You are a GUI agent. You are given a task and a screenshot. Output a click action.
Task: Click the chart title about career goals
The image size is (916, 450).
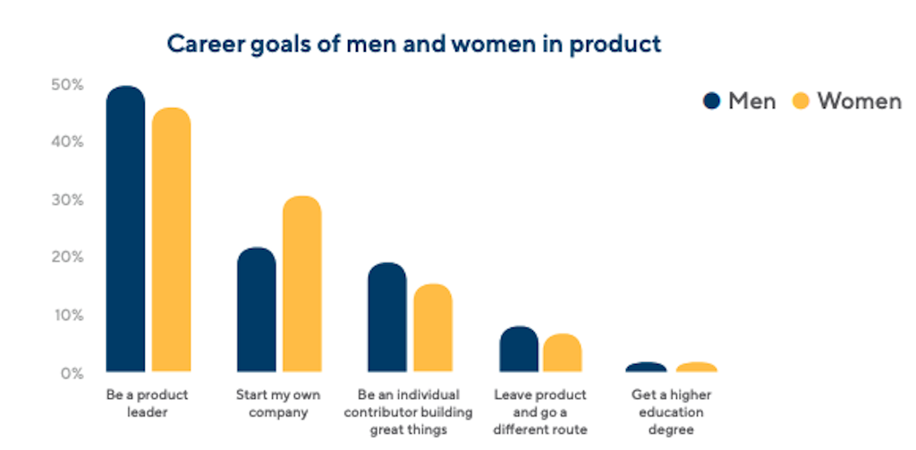tap(414, 43)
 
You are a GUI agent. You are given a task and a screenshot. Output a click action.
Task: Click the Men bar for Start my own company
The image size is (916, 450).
tap(257, 310)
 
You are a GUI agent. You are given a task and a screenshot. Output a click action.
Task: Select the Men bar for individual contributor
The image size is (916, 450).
tap(386, 318)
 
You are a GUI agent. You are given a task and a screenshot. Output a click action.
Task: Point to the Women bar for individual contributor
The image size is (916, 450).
tap(432, 327)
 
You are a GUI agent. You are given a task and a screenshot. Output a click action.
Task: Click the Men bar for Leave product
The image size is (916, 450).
tap(519, 349)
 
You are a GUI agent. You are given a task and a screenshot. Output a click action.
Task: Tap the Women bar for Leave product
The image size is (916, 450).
tap(562, 352)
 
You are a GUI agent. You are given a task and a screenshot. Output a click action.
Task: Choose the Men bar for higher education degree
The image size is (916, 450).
tap(647, 367)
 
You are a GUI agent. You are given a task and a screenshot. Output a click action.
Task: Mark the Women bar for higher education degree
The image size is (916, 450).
tap(696, 367)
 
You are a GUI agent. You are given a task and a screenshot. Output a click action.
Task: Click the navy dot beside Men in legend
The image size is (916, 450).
tap(712, 101)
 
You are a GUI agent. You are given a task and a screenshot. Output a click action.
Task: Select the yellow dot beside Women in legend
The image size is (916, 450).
tap(801, 101)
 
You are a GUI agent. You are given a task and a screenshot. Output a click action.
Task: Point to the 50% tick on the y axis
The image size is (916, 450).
tap(67, 85)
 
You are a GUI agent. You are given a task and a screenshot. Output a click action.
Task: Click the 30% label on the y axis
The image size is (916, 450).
tap(67, 200)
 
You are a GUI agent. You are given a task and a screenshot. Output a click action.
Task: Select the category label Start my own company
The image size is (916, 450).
tap(272, 403)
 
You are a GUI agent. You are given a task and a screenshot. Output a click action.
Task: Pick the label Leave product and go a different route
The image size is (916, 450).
tap(540, 412)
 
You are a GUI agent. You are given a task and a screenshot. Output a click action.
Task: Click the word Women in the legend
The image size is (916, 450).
tap(859, 101)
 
